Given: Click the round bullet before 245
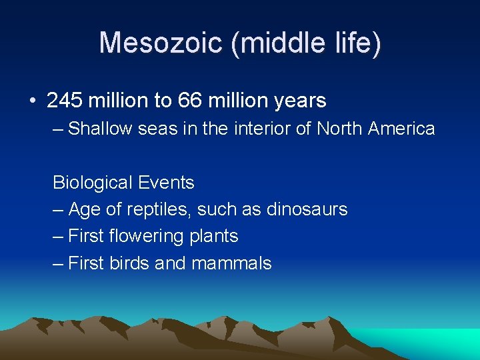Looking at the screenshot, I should tap(33, 101).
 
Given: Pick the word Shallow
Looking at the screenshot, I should tap(101, 128).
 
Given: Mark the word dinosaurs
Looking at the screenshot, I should tap(307, 209).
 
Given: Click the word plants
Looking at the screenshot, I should tap(214, 237).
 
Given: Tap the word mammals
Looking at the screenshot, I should tap(231, 263).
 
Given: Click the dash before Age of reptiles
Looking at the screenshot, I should tap(59, 209).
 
